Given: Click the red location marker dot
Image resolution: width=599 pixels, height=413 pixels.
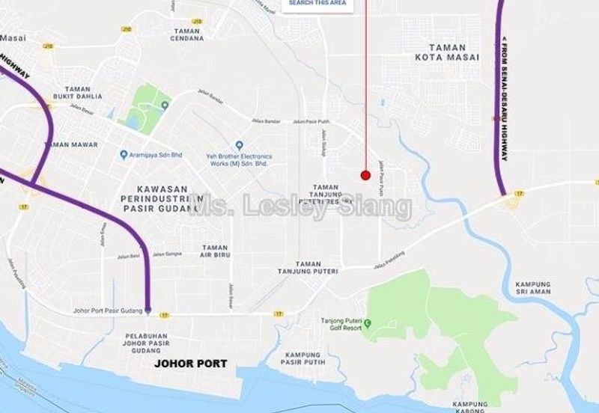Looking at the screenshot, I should click(365, 175).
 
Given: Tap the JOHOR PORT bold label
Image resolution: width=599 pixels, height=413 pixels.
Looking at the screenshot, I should click(195, 364).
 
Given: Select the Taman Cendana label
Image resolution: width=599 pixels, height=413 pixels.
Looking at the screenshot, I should click(187, 34).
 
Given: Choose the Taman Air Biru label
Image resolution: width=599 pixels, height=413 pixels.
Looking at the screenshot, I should click(215, 251).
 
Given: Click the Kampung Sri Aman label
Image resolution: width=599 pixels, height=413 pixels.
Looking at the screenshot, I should click(533, 288).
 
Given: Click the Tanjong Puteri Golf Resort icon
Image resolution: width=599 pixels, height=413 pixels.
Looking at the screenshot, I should click(368, 322).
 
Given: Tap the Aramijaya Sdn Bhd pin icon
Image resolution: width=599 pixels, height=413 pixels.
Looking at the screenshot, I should click(124, 155).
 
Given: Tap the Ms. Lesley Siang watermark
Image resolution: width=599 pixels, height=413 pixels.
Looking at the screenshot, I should click(299, 205).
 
